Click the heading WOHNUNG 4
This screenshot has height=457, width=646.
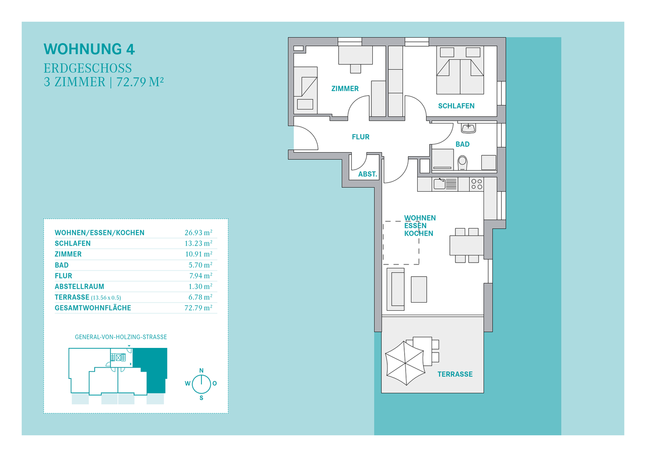pyautogui.click(x=89, y=49)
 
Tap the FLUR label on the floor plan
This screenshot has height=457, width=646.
pyautogui.click(x=361, y=137)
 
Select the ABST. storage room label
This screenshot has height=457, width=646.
pyautogui.click(x=368, y=174)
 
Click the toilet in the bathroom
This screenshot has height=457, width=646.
pyautogui.click(x=462, y=163)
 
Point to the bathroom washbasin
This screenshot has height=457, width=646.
pyautogui.click(x=468, y=128)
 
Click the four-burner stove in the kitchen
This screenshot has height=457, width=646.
pyautogui.click(x=476, y=184)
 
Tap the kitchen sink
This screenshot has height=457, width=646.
pyautogui.click(x=445, y=184)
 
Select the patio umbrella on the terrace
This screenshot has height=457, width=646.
pyautogui.click(x=405, y=363)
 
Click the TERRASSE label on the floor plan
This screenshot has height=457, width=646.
pyautogui.click(x=455, y=374)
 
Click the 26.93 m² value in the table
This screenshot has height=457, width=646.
pyautogui.click(x=198, y=233)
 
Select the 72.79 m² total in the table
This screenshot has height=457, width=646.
pyautogui.click(x=198, y=308)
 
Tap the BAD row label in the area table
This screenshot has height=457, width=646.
pyautogui.click(x=62, y=265)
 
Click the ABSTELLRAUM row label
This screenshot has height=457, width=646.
pyautogui.click(x=79, y=286)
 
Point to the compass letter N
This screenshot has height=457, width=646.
pyautogui.click(x=201, y=370)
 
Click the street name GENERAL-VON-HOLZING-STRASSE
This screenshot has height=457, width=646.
pyautogui.click(x=121, y=337)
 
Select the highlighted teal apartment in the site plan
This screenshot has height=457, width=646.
pyautogui.click(x=153, y=369)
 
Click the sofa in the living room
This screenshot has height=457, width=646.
pyautogui.click(x=395, y=289)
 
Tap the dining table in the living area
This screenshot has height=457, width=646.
pyautogui.click(x=467, y=245)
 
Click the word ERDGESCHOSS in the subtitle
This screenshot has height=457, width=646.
pyautogui.click(x=87, y=68)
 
